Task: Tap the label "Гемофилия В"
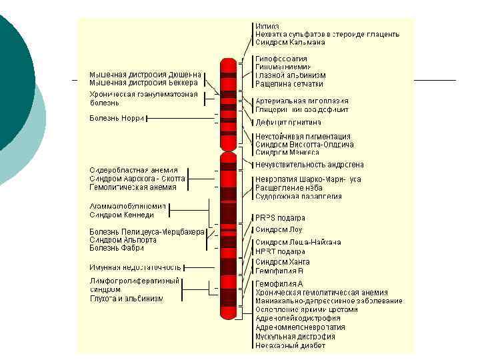[x=279, y=271]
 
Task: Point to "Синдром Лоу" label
[x=279, y=229]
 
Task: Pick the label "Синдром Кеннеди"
[x=122, y=215]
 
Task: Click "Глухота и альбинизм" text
[x=126, y=299]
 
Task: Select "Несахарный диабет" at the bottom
[x=290, y=345]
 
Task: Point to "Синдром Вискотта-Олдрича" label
[x=304, y=145]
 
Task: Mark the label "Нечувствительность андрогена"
[x=309, y=165]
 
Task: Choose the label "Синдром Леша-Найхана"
[x=298, y=242]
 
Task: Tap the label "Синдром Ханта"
[x=282, y=262]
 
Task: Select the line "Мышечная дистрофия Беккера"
[x=143, y=83]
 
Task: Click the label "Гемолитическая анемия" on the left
[x=133, y=187]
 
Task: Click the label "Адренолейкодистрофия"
[x=297, y=319]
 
